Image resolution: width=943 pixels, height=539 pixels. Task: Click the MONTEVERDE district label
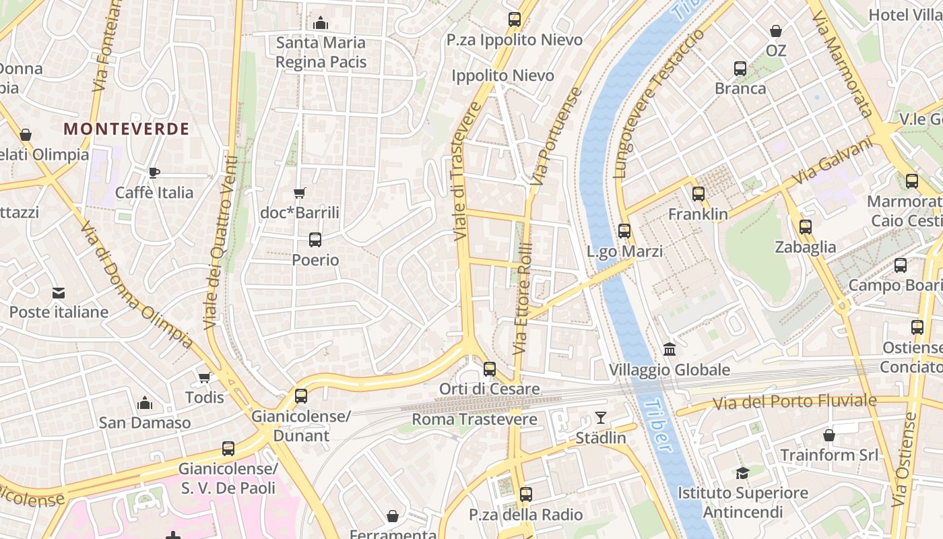coord(127,129)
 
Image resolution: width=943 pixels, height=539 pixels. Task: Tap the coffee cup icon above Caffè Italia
coord(154,172)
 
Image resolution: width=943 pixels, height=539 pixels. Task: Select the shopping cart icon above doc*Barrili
coord(300,193)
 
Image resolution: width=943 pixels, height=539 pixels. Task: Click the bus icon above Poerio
coord(315,239)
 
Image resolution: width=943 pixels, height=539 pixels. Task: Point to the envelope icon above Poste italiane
coord(59,293)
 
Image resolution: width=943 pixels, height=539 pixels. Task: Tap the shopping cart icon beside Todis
coord(204,377)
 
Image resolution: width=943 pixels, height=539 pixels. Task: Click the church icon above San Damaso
coord(144,403)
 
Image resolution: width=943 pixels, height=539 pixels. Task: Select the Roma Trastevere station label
coord(474,420)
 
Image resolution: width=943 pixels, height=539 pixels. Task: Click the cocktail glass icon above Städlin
coord(600,418)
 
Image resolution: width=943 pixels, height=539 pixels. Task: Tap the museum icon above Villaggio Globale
coord(670,349)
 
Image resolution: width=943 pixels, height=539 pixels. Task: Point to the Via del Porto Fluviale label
coord(795,402)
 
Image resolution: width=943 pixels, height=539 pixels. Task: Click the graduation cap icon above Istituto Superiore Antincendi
coord(742,473)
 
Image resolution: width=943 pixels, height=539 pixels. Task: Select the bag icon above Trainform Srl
coord(829,435)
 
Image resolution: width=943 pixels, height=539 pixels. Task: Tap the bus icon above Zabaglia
coord(805,227)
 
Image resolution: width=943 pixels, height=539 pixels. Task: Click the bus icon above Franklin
coord(698,194)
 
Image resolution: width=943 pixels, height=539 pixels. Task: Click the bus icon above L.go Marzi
coord(624,231)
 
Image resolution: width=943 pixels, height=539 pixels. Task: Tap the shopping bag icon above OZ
coord(776,31)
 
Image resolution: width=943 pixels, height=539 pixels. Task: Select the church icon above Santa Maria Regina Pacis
coord(321,24)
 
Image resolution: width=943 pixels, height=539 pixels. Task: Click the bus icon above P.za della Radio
coord(526,495)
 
